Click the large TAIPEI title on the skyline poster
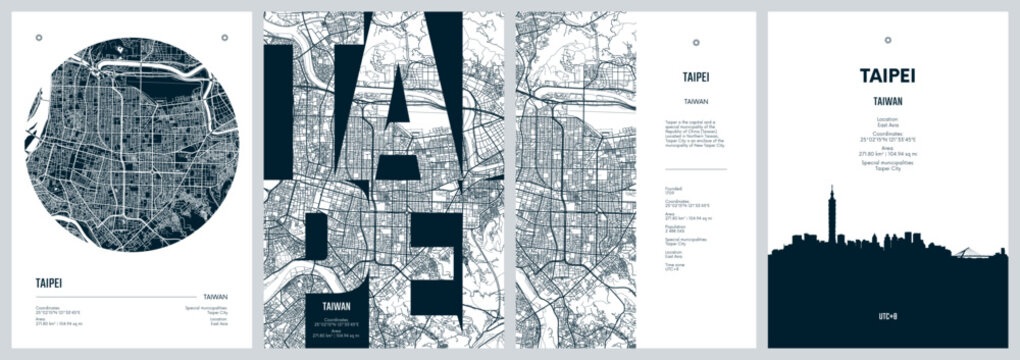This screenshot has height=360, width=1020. (887, 75)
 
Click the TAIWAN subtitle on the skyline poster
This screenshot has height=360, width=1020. (887, 101)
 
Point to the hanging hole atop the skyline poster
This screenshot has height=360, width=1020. (887, 39)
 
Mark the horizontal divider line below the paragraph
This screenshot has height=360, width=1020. (697, 167)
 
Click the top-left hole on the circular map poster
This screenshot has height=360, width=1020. (39, 38)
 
